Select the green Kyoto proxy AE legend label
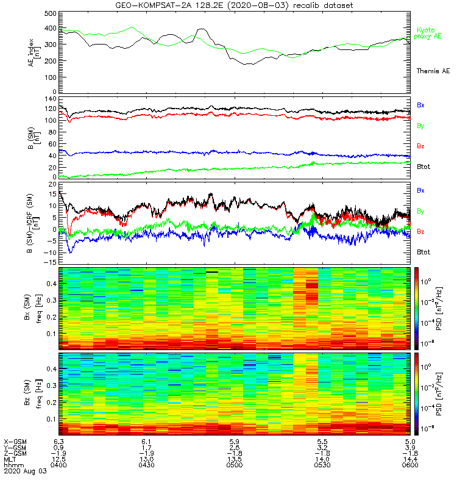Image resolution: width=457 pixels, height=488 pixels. coord(430,33)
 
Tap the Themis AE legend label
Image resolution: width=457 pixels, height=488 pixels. coord(432,71)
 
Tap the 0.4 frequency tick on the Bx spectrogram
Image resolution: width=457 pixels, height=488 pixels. coord(51,283)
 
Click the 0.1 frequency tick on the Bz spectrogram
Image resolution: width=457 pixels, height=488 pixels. coord(51,418)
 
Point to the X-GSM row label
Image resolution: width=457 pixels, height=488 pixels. coord(14,441)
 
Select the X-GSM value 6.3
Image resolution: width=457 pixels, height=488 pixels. coord(58,441)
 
